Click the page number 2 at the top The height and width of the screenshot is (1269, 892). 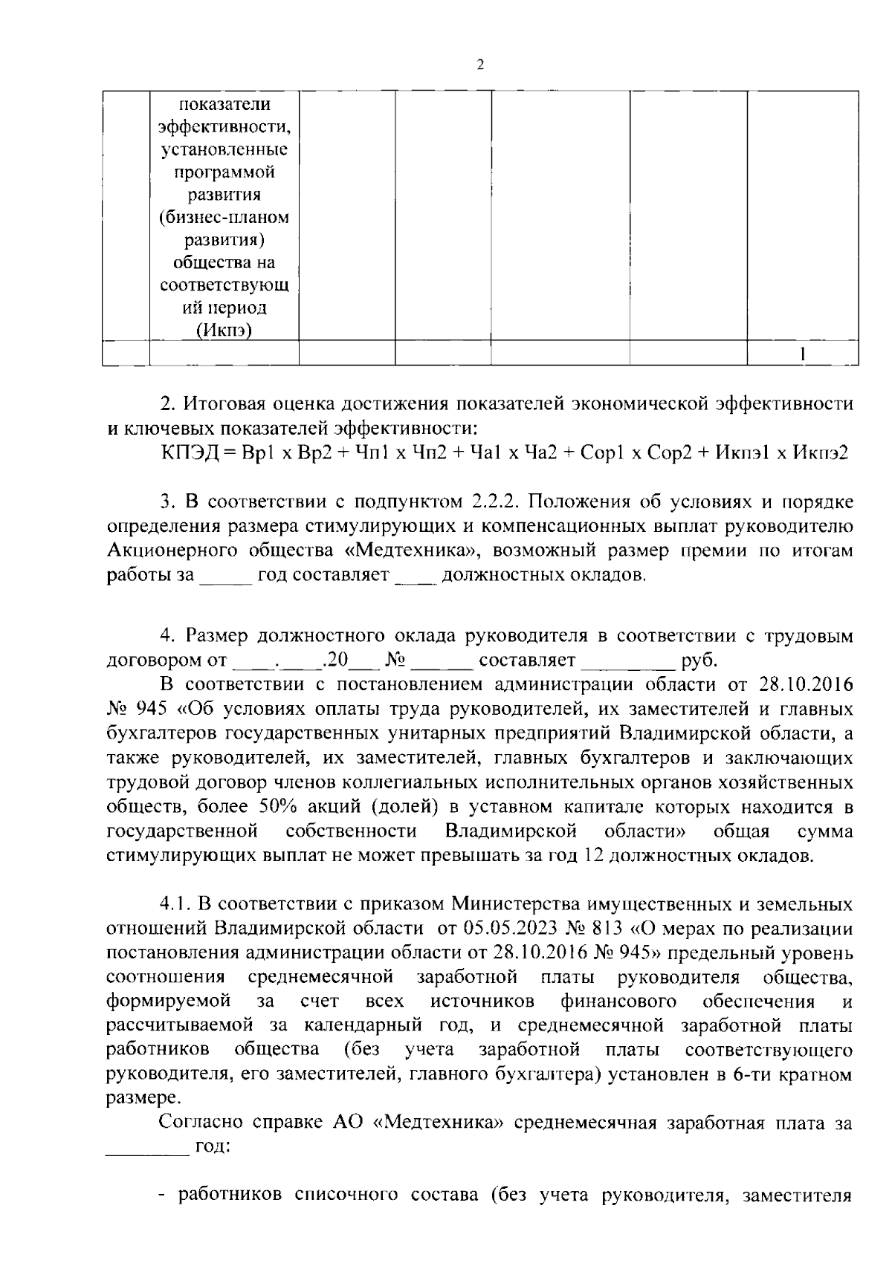point(479,65)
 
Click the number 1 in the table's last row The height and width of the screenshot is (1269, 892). point(804,354)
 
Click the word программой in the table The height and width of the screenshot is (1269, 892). point(224,172)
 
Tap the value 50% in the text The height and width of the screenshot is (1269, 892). point(274,807)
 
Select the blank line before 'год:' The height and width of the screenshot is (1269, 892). point(147,1149)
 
